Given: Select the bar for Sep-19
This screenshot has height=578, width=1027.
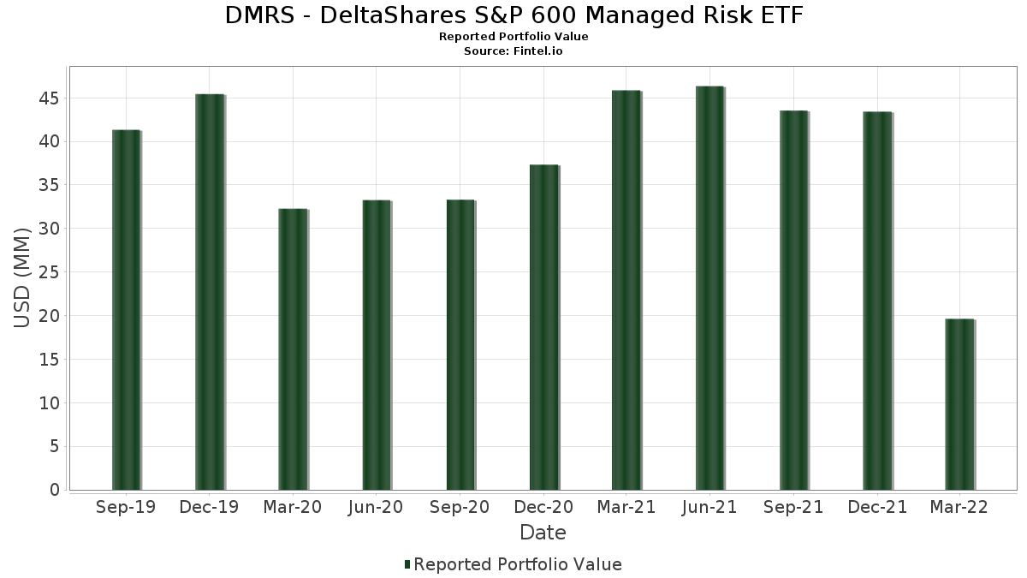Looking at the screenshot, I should pyautogui.click(x=126, y=310).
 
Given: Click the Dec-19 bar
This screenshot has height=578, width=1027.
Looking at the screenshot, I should pyautogui.click(x=210, y=292).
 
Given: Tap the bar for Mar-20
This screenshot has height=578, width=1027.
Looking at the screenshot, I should pyautogui.click(x=293, y=349).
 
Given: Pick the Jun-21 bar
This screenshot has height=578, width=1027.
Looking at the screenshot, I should pyautogui.click(x=710, y=288).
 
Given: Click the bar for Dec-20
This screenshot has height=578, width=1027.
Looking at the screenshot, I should pyautogui.click(x=543, y=327).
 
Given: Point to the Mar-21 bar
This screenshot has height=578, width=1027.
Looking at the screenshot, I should pyautogui.click(x=626, y=290).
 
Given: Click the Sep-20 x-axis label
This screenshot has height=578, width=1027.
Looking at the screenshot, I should pyautogui.click(x=460, y=508).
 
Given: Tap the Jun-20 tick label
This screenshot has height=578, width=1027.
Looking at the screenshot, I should pyautogui.click(x=376, y=508).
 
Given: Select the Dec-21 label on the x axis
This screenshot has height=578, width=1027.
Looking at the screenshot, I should pyautogui.click(x=877, y=508).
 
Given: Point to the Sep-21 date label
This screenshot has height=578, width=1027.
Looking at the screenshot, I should pyautogui.click(x=793, y=508).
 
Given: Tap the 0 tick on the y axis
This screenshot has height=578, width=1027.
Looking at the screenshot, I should pyautogui.click(x=55, y=490).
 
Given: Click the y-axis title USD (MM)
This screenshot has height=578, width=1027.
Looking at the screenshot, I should pyautogui.click(x=23, y=277).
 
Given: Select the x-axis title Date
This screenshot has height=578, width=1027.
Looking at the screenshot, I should pyautogui.click(x=543, y=533).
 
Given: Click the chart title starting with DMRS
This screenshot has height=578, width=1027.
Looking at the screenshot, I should pyautogui.click(x=513, y=15).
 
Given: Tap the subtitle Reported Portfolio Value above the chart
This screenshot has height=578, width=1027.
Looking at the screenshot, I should pyautogui.click(x=513, y=37).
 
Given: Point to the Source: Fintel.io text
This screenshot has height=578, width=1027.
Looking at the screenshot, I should pyautogui.click(x=513, y=51).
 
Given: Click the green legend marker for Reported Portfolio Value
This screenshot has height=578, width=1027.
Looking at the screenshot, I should pyautogui.click(x=407, y=564).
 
